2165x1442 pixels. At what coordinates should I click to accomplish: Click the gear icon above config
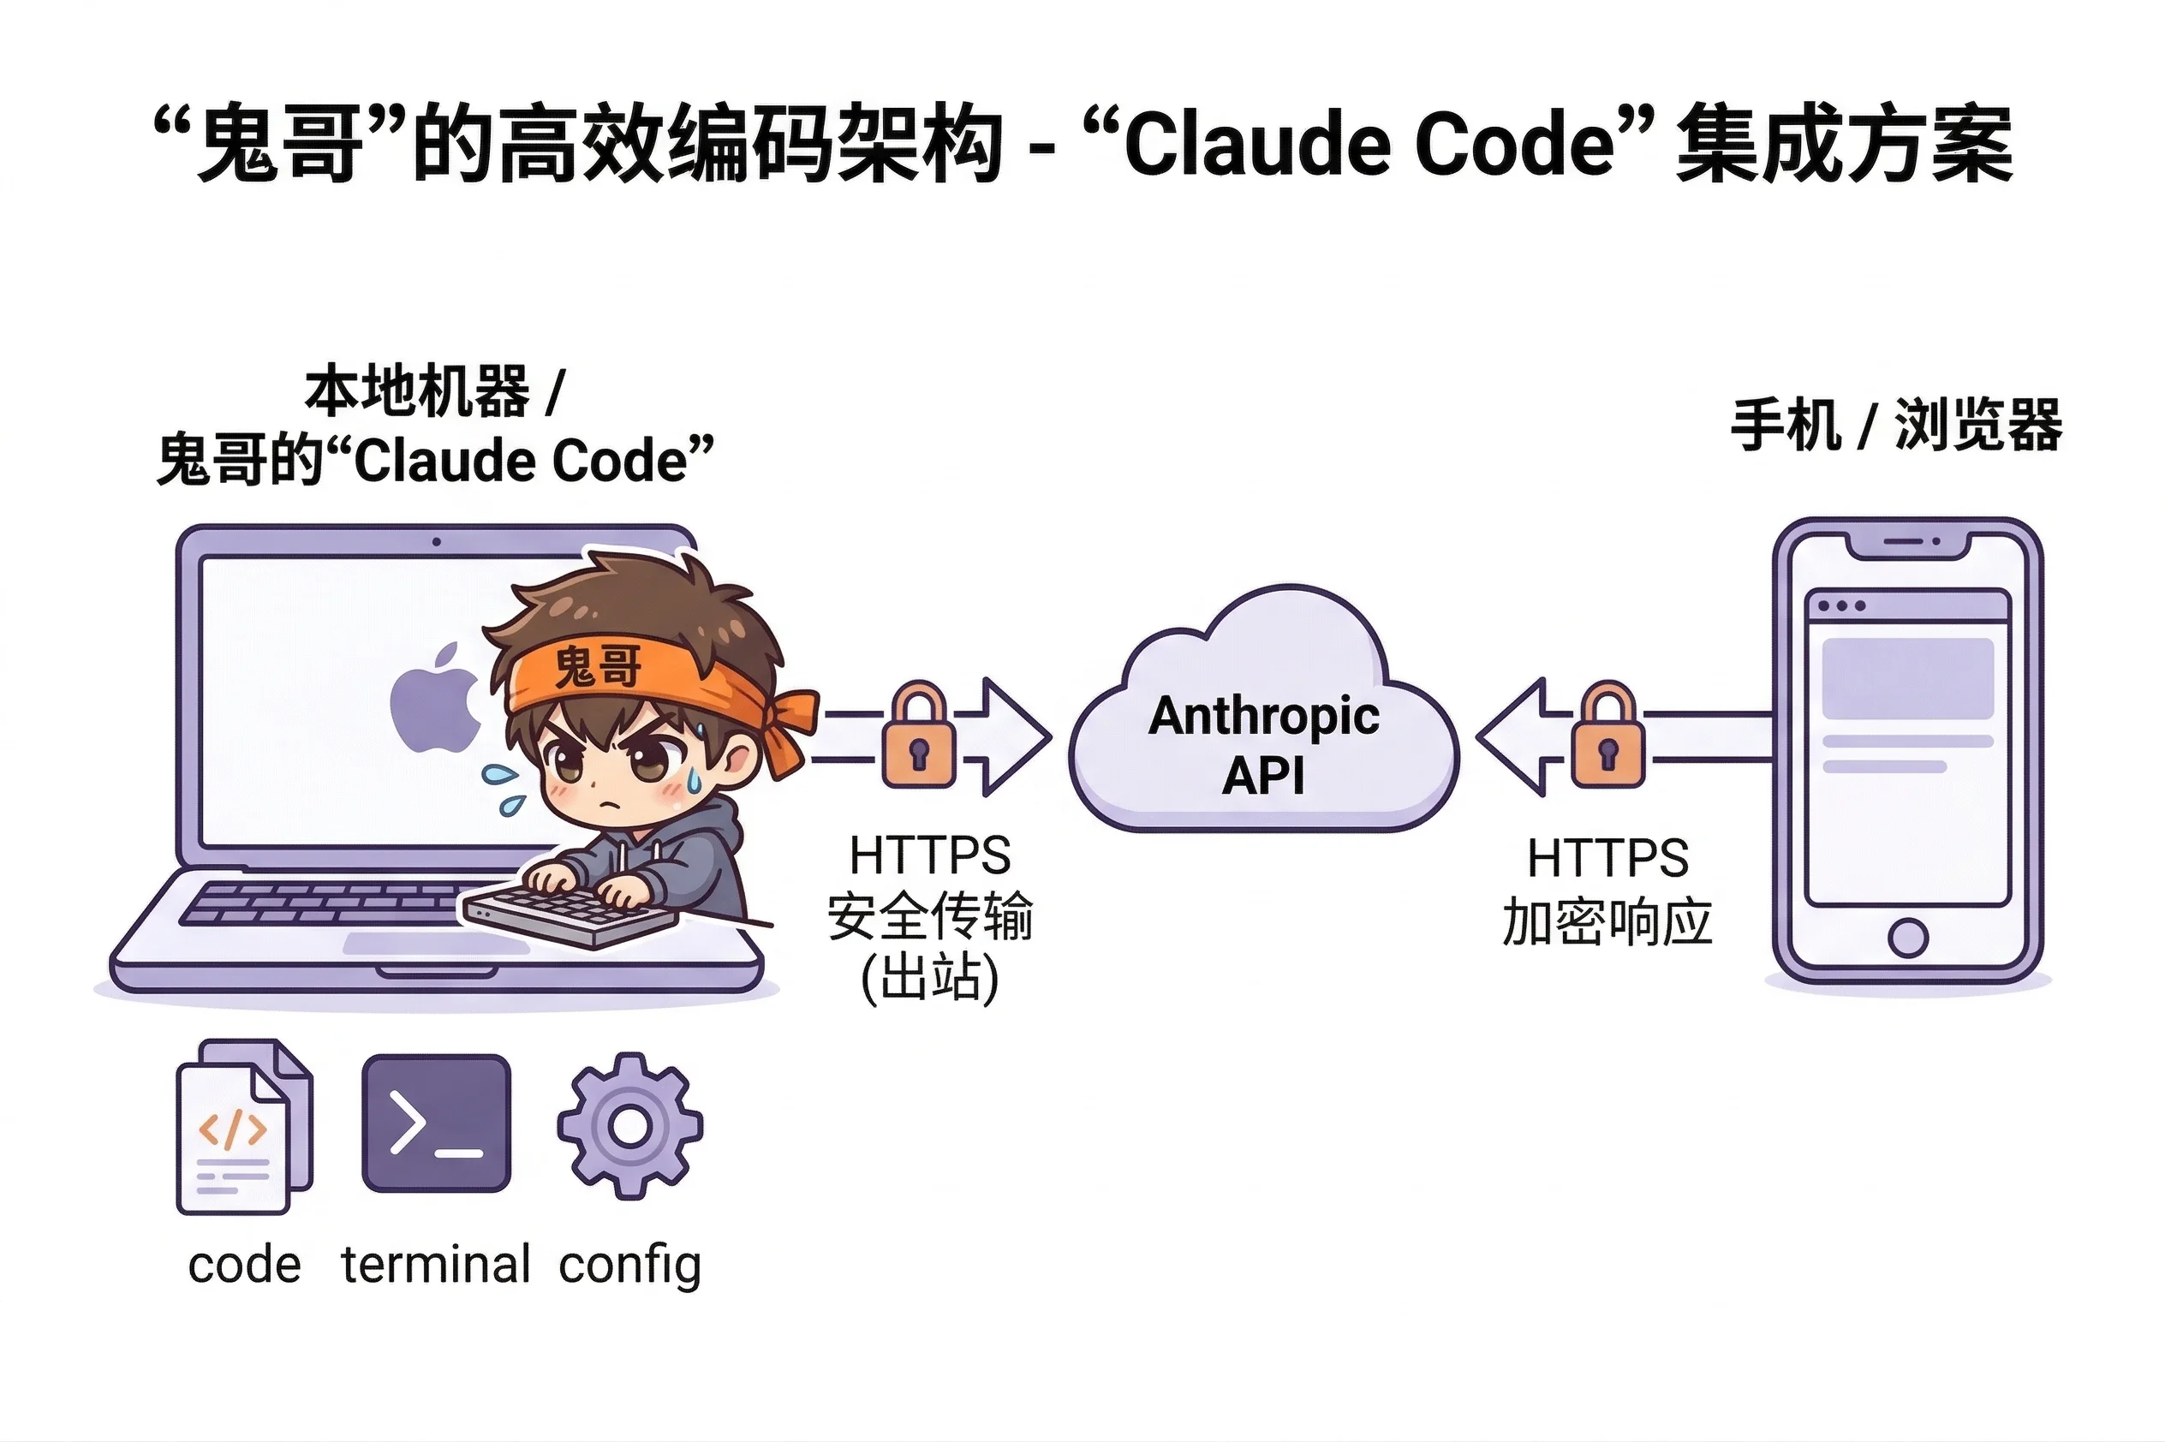tap(630, 1126)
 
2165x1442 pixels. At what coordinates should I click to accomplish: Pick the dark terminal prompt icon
tap(436, 1123)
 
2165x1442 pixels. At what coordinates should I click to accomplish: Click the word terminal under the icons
tap(436, 1265)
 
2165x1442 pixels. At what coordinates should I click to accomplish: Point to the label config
tap(630, 1266)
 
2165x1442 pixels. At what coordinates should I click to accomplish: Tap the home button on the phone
tap(1907, 938)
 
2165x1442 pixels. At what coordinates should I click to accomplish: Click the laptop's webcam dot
tap(436, 543)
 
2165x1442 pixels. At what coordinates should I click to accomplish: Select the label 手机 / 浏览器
tap(1895, 426)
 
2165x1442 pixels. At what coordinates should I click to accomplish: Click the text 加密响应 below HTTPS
tap(1607, 922)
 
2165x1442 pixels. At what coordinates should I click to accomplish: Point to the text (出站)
tap(929, 978)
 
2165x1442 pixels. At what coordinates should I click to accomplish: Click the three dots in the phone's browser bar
tap(1840, 606)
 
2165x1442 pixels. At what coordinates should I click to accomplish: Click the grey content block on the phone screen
tap(1907, 679)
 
